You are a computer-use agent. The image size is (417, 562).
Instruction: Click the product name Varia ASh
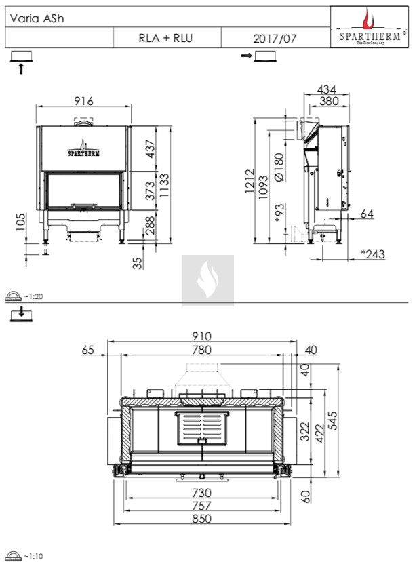pyautogui.click(x=37, y=18)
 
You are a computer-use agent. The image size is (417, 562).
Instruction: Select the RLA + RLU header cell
pyautogui.click(x=165, y=38)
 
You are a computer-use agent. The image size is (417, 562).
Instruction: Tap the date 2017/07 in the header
pyautogui.click(x=275, y=39)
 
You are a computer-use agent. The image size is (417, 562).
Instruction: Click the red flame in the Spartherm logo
pyautogui.click(x=368, y=20)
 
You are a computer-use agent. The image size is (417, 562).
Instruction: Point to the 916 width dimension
pyautogui.click(x=83, y=101)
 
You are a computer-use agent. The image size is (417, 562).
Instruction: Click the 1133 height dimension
pyautogui.click(x=164, y=185)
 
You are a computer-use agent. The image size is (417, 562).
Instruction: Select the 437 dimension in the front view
pyautogui.click(x=151, y=148)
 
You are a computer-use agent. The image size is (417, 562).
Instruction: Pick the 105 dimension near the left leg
pyautogui.click(x=21, y=222)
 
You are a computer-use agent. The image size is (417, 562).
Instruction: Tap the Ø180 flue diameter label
pyautogui.click(x=279, y=167)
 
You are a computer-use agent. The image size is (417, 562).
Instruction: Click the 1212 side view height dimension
pyautogui.click(x=250, y=182)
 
